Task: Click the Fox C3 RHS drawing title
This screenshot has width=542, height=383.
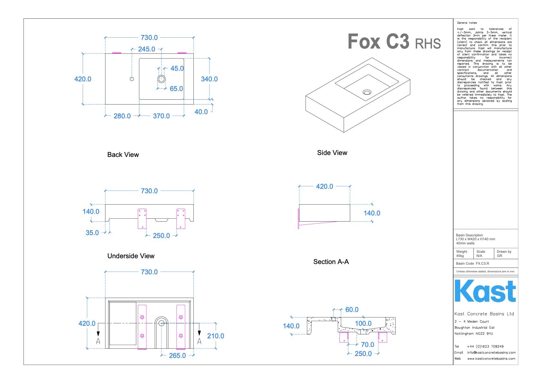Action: coord(394,42)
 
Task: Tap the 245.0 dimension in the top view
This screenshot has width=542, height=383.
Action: coord(146,49)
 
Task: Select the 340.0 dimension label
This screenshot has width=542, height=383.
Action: coord(209,79)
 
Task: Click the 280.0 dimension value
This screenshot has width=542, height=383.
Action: coord(122,116)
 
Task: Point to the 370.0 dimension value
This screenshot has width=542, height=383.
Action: coord(161,116)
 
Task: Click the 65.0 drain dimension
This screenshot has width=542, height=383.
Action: coord(176,89)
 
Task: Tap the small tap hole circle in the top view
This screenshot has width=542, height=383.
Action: coord(132,79)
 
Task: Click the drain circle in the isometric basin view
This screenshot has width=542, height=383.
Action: coord(367,92)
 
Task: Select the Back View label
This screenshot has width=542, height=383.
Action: coord(123,155)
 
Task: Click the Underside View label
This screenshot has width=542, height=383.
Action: coord(131,256)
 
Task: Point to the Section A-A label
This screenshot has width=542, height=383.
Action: coord(331,262)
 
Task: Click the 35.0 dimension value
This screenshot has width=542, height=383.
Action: coord(92,233)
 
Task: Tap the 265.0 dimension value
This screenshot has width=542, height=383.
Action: coord(177,356)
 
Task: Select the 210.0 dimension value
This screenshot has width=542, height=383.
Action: coord(215,336)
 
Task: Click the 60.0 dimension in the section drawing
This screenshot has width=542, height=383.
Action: coord(352,310)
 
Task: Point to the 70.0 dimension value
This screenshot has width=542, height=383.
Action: coord(368,345)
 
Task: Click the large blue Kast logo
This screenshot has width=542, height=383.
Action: coord(485,291)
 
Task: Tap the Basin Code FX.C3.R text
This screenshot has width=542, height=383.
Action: coord(472,263)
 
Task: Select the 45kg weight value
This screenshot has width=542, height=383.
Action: coord(460,256)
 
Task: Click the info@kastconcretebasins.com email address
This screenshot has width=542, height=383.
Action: coord(491,352)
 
